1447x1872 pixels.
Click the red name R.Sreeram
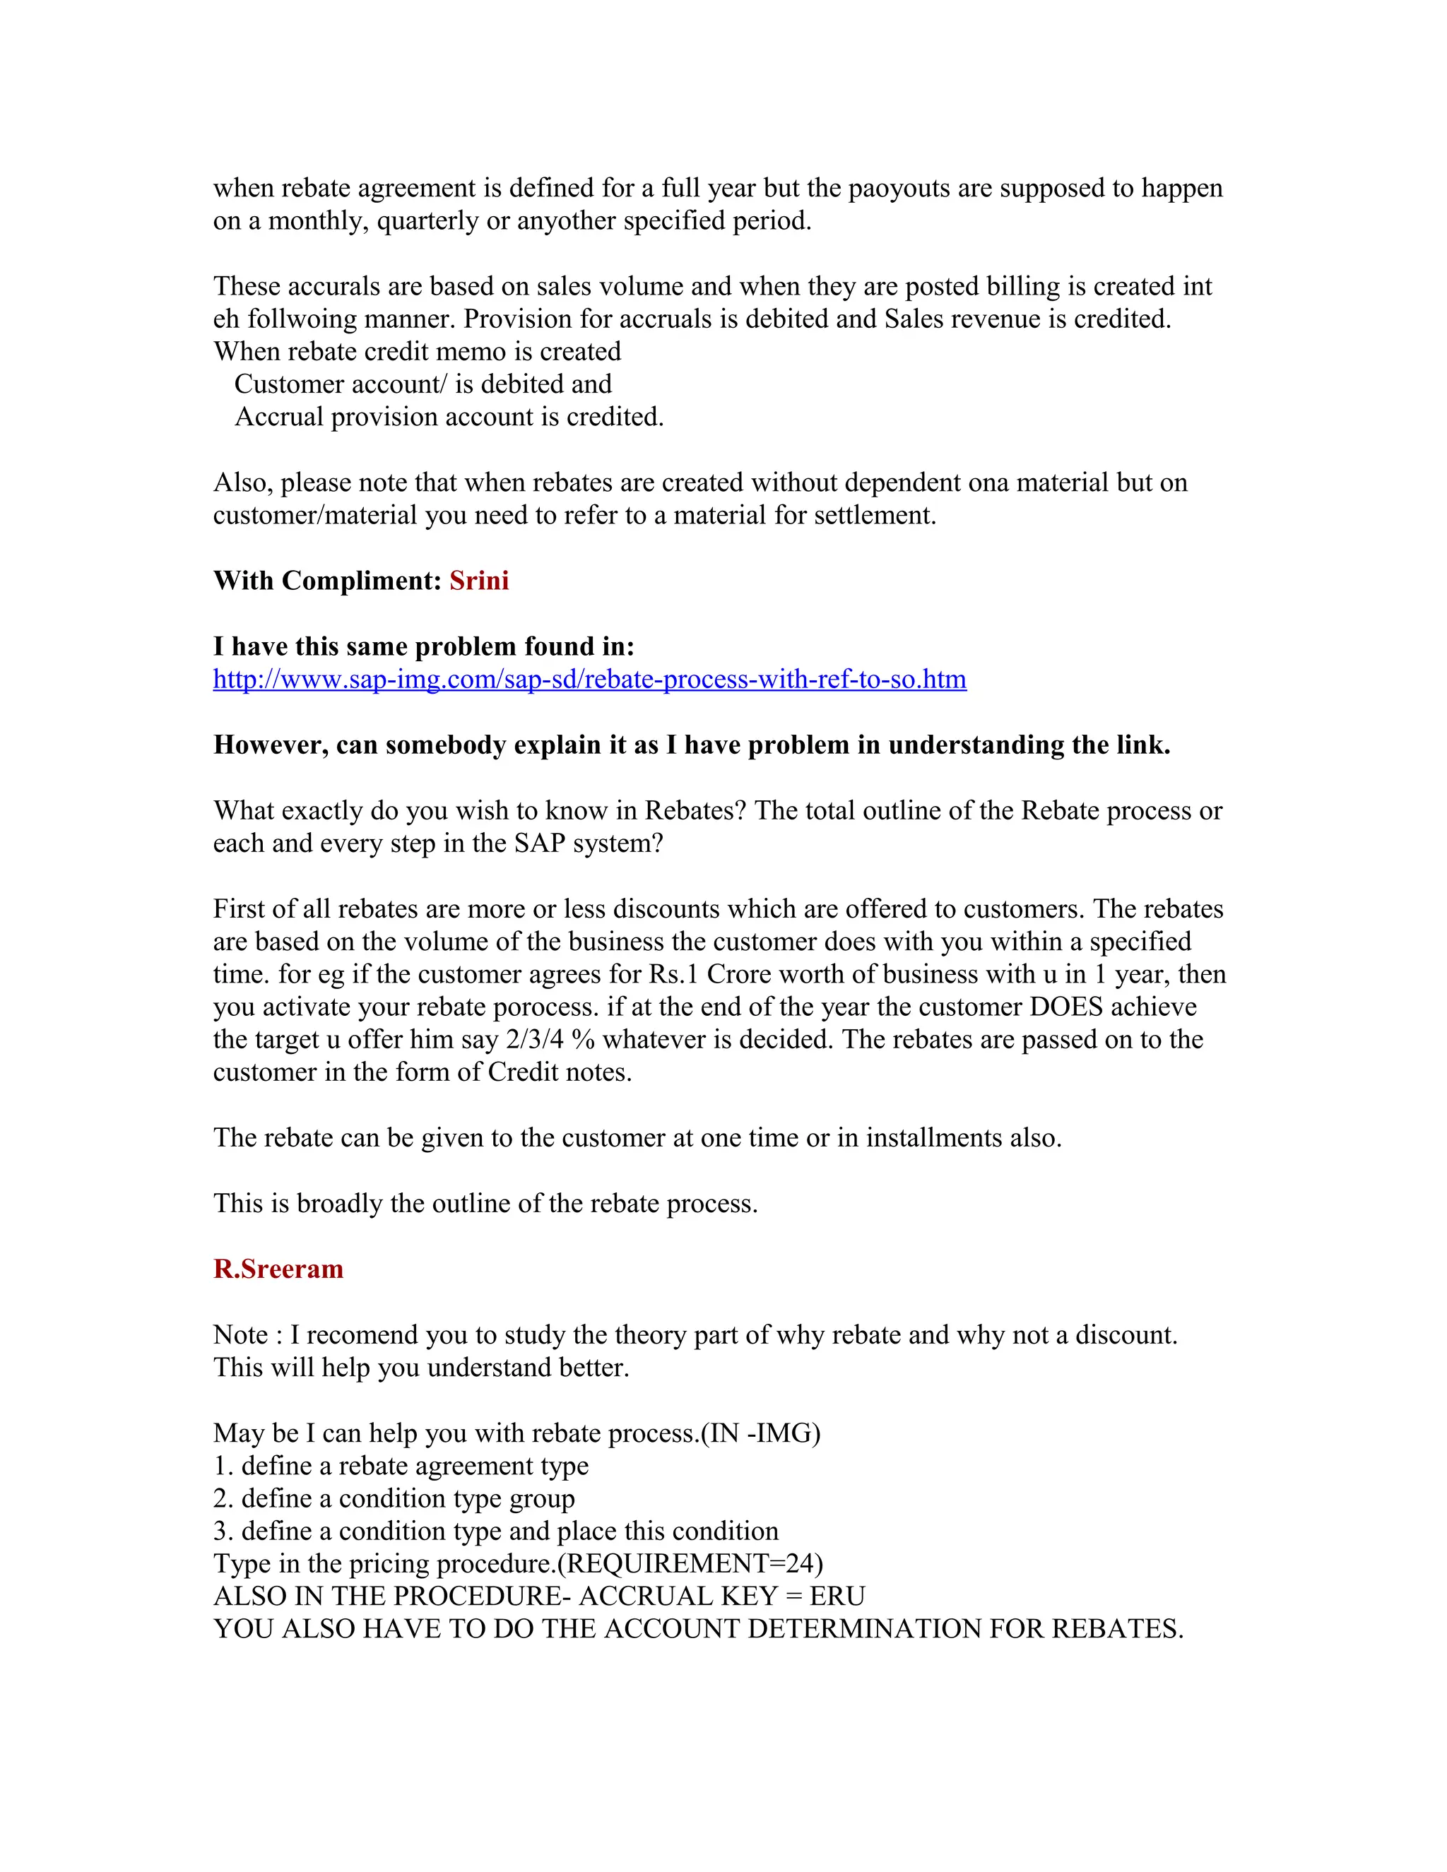(278, 1269)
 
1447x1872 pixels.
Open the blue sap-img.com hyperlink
(589, 679)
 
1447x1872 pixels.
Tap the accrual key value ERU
(837, 1596)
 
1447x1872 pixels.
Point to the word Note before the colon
(241, 1334)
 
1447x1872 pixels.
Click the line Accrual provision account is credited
(449, 417)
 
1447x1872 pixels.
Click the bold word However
(270, 745)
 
